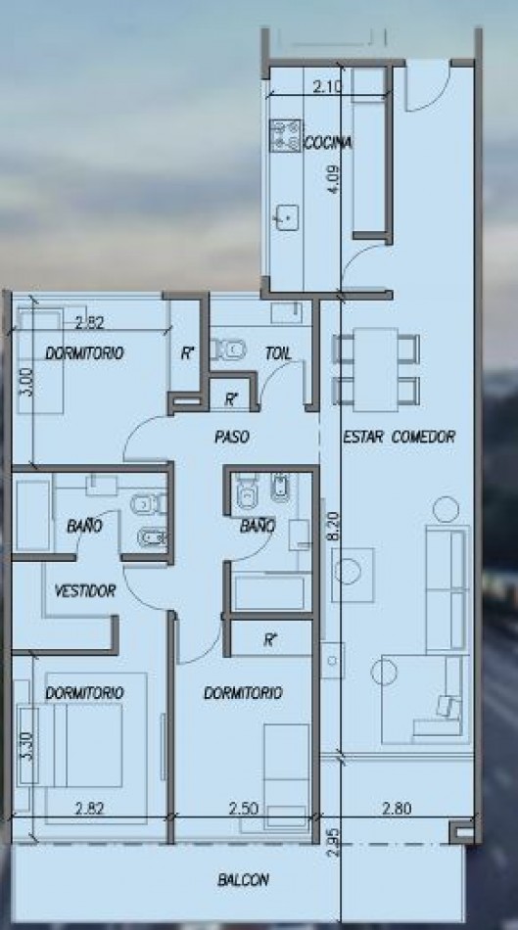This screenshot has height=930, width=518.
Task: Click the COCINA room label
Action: click(x=328, y=143)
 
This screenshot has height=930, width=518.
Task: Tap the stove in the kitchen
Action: click(x=285, y=135)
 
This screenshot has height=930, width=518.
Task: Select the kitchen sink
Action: click(x=287, y=217)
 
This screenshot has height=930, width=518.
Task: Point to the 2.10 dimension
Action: click(x=327, y=86)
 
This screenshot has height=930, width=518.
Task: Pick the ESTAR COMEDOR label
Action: click(x=400, y=437)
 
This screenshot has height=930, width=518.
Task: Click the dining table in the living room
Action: click(x=376, y=369)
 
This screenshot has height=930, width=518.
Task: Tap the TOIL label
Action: click(x=278, y=353)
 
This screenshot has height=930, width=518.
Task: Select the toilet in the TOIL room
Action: click(x=228, y=349)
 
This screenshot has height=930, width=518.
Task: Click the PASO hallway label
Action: click(x=231, y=438)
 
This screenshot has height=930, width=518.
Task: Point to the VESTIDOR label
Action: click(x=85, y=590)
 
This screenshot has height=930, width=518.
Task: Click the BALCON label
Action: click(x=243, y=880)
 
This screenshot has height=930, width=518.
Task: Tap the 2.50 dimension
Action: click(x=243, y=808)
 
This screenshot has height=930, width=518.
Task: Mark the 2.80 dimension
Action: click(x=397, y=808)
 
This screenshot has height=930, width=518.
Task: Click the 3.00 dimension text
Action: click(x=24, y=383)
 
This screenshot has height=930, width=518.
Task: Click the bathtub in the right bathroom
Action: click(x=270, y=592)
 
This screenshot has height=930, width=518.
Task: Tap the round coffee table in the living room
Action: click(x=353, y=571)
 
